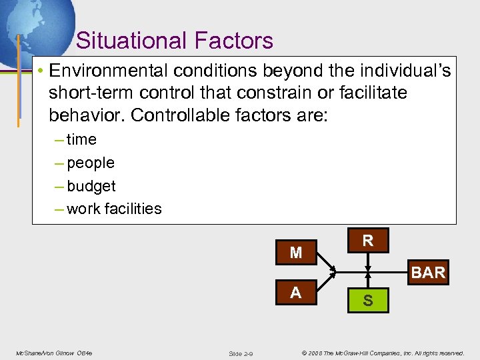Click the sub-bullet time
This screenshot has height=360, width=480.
(x=81, y=139)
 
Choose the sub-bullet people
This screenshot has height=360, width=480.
(x=91, y=163)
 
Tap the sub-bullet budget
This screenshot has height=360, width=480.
(x=91, y=186)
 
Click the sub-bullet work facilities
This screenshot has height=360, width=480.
(x=114, y=209)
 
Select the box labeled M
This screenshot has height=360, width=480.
(x=296, y=253)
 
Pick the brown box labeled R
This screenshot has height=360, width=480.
(x=367, y=241)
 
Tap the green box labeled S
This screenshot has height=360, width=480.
(x=367, y=302)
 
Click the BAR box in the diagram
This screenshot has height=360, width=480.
(x=427, y=273)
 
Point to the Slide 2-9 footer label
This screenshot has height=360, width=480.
(x=240, y=353)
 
